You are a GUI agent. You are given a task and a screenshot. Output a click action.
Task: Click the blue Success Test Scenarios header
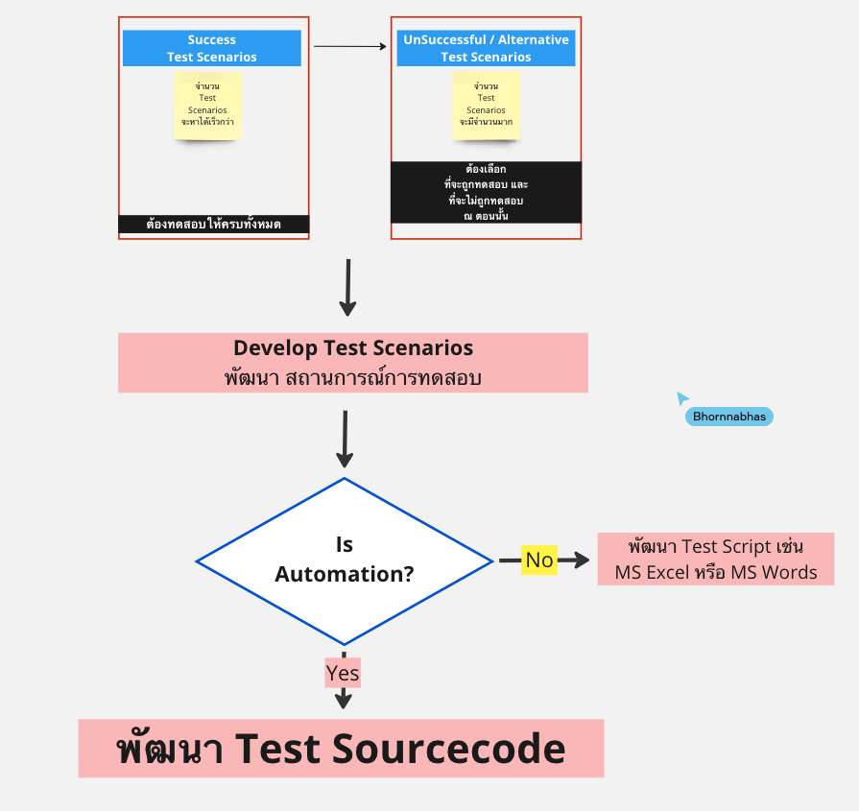coord(212,48)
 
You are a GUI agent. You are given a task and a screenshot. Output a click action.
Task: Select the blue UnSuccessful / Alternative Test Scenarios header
coord(486,48)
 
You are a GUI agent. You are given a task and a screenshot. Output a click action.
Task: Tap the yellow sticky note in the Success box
coord(207,105)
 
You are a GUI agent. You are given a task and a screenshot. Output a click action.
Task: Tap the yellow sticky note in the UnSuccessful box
coord(486,105)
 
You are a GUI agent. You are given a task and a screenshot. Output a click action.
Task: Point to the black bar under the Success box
coord(213,225)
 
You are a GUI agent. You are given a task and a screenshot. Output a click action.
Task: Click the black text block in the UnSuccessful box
coord(486,192)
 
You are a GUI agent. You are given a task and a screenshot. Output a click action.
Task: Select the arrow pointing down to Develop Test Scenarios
coord(347,287)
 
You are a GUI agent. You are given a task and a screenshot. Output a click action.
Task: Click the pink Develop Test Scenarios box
coord(352,363)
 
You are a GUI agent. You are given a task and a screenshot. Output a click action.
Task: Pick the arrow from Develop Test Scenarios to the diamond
coord(345,440)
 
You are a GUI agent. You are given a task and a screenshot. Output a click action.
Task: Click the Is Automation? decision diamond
coord(344,561)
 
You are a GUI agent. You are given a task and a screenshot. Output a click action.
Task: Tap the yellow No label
coord(539,560)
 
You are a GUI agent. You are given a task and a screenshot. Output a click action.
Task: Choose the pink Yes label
coord(343,674)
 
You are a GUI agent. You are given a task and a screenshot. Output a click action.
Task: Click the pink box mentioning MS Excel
coord(715,559)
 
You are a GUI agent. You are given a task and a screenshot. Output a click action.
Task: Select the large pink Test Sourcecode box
coord(341,748)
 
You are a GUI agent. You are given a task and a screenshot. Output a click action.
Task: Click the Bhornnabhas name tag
coord(729,417)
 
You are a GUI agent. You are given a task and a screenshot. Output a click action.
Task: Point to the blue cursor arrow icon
coord(682,398)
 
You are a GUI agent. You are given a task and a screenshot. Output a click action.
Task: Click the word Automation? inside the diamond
coord(344,575)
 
